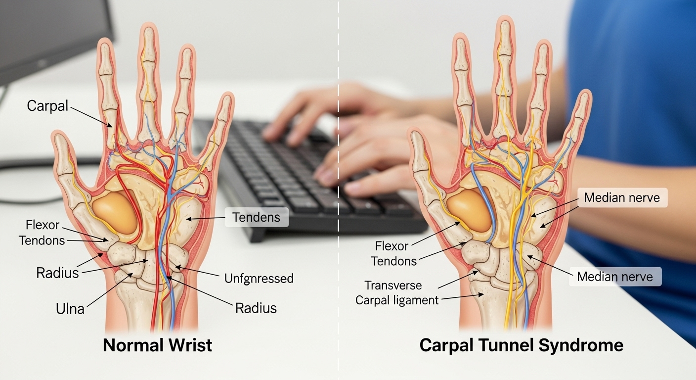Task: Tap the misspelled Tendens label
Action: (x=257, y=217)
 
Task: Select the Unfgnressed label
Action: (x=259, y=278)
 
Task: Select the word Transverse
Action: (x=393, y=285)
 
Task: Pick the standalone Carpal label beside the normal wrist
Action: (x=47, y=105)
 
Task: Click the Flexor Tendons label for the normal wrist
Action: (x=42, y=233)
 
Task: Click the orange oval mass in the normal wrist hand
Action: (x=115, y=212)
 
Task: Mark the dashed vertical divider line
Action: (x=339, y=198)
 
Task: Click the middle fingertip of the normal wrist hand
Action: (x=147, y=31)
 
